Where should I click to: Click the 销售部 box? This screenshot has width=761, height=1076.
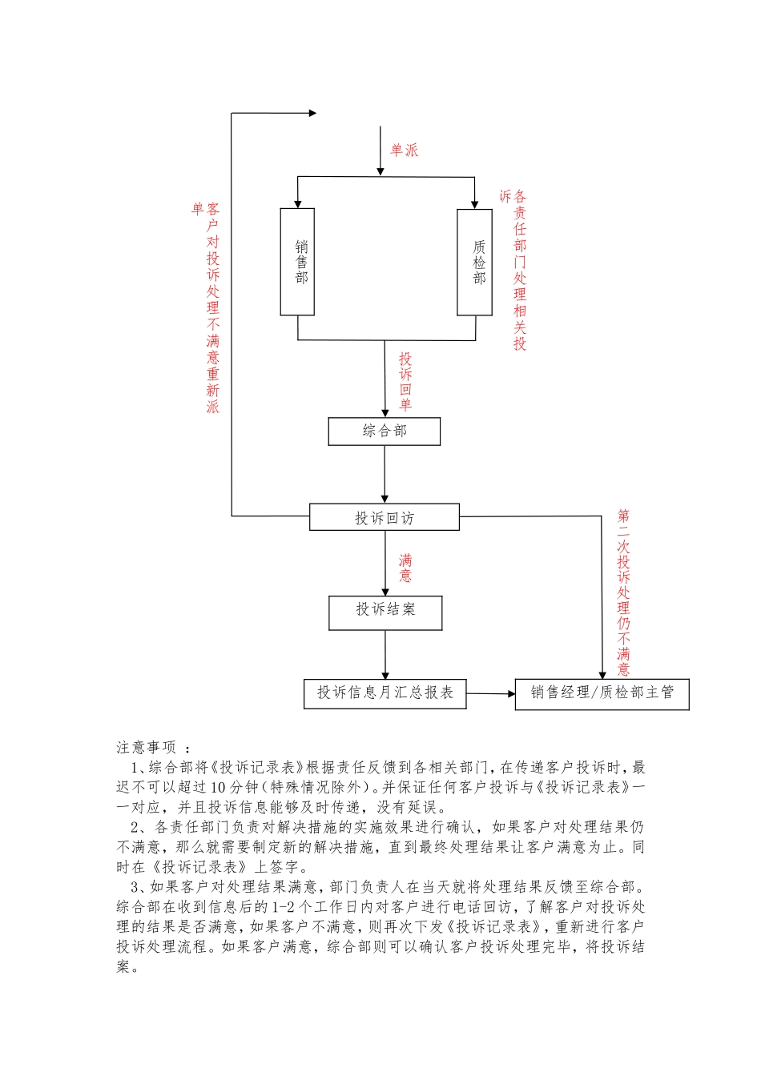297,262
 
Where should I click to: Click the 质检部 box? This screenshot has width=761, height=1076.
474,262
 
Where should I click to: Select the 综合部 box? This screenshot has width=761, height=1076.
385,432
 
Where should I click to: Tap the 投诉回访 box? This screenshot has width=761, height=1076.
385,518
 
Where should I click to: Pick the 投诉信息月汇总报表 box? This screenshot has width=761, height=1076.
385,693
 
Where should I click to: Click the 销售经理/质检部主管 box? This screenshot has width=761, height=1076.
602,693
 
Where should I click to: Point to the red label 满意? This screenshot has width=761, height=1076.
406,568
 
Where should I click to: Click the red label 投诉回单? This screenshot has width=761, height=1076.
406,381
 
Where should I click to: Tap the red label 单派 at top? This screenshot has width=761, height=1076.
404,151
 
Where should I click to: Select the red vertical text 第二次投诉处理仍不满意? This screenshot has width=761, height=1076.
624,592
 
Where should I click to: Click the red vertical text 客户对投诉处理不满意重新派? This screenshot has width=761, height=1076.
213,308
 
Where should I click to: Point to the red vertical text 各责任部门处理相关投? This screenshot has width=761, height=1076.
520,270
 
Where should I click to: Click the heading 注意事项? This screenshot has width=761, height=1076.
147,748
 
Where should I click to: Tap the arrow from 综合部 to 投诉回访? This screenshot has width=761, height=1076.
385,474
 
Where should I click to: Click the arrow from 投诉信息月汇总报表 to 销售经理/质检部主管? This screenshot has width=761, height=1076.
490,693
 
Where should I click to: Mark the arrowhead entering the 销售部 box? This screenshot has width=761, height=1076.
298,203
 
